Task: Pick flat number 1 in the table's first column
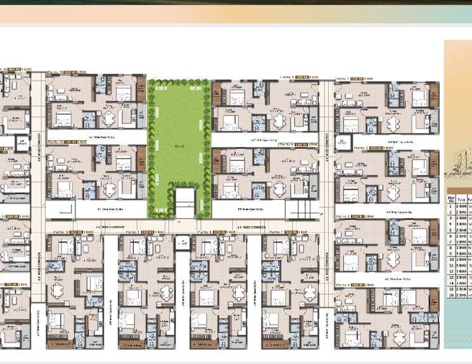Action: coord(450,206)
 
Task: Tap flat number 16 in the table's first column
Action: coord(450,295)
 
